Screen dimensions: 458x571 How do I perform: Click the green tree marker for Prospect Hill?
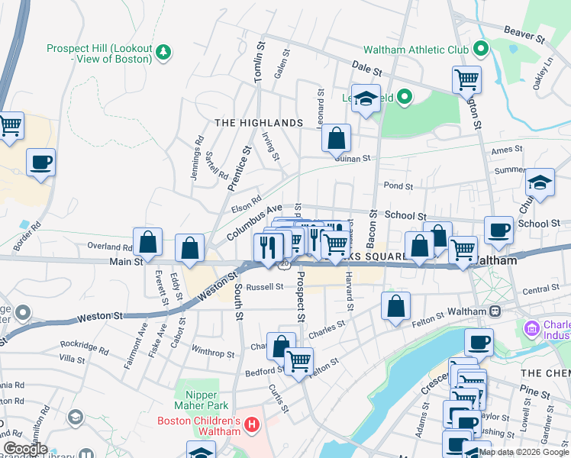point(163,52)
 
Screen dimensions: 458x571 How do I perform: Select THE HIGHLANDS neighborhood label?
point(259,123)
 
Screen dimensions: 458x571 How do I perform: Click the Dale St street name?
point(366,69)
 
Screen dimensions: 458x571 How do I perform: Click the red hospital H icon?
point(253,422)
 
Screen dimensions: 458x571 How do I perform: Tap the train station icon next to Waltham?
point(495,311)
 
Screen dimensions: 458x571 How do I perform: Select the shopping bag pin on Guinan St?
point(336,139)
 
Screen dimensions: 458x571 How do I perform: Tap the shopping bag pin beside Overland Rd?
point(148,243)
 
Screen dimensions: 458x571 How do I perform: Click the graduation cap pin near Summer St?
point(540,183)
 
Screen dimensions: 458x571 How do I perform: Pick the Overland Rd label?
point(110,247)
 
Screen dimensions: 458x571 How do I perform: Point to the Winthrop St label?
point(212,353)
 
